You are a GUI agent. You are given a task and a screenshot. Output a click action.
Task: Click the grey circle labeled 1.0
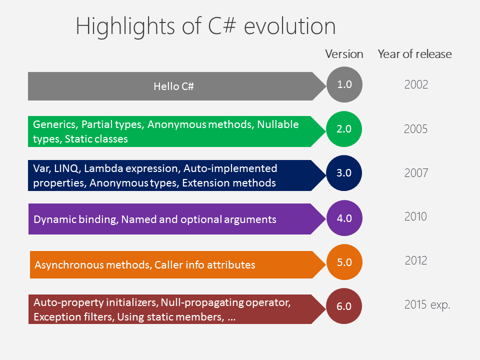coord(344,84)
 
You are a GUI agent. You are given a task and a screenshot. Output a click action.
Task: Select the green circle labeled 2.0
coord(344,128)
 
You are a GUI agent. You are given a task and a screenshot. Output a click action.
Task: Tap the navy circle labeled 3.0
coord(344,172)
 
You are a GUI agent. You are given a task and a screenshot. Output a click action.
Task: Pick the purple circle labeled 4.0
coord(344,217)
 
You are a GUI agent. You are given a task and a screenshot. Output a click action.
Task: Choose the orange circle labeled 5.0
coord(344,261)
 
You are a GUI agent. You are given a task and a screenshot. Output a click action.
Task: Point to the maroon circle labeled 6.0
coord(344,306)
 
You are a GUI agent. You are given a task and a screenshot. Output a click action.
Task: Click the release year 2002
coord(416,84)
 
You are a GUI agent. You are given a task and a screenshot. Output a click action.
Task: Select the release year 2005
coord(415,129)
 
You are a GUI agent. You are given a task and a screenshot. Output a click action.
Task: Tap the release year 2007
coord(416,173)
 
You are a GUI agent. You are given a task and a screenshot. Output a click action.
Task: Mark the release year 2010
coord(415,216)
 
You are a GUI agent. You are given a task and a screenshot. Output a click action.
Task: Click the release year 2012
coord(415,260)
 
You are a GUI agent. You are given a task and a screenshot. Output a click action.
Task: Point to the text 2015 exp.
coord(427,304)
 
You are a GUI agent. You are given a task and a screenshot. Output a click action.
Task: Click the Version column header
coord(344,54)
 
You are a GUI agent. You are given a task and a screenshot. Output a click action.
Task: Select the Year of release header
coord(414,54)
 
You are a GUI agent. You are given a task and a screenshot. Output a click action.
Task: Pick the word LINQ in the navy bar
coord(67,168)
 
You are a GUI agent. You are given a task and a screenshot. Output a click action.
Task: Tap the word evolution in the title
coord(289,26)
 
